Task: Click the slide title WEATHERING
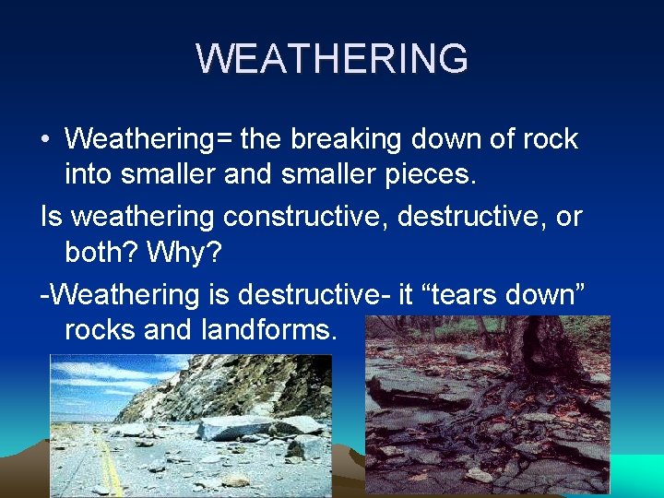point(332,59)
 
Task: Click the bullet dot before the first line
point(45,140)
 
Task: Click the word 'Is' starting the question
point(52,217)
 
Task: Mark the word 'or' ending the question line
point(569,217)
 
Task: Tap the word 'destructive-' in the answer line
point(314,294)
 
